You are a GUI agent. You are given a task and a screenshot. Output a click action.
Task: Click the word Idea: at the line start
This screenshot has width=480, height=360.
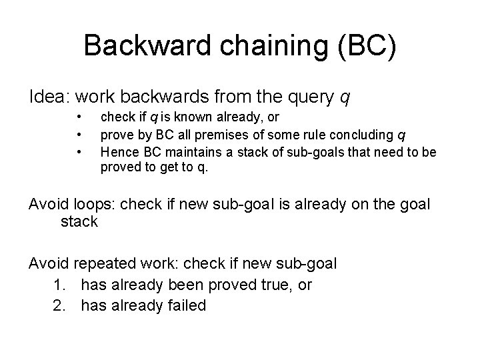coord(50,97)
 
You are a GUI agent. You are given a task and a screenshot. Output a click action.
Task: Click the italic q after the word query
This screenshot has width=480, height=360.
coord(344,99)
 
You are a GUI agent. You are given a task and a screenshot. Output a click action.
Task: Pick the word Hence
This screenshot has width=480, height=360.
coord(115,152)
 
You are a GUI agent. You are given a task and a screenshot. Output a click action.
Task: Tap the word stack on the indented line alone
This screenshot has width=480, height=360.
coord(79,221)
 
